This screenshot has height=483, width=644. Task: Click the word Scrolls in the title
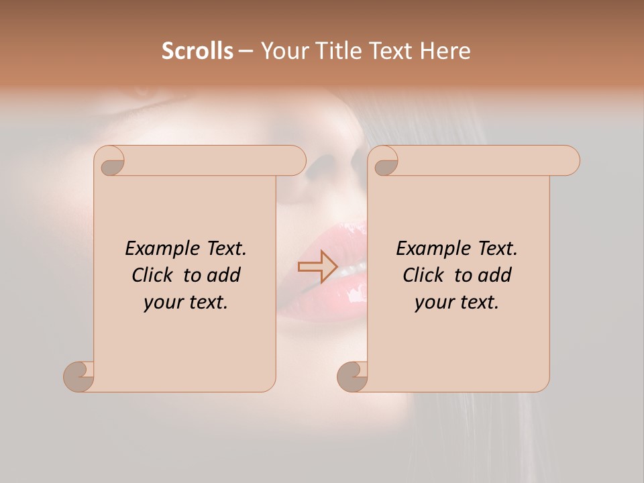pos(197,51)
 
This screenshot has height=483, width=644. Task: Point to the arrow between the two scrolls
pos(317,266)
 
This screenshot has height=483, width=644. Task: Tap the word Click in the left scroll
pos(156,275)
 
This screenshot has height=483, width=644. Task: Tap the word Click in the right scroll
pos(427,275)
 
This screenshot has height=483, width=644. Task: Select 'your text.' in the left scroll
pos(186,302)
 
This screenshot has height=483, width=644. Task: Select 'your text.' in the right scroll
pos(457,302)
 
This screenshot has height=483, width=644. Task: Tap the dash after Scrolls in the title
pos(246,51)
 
